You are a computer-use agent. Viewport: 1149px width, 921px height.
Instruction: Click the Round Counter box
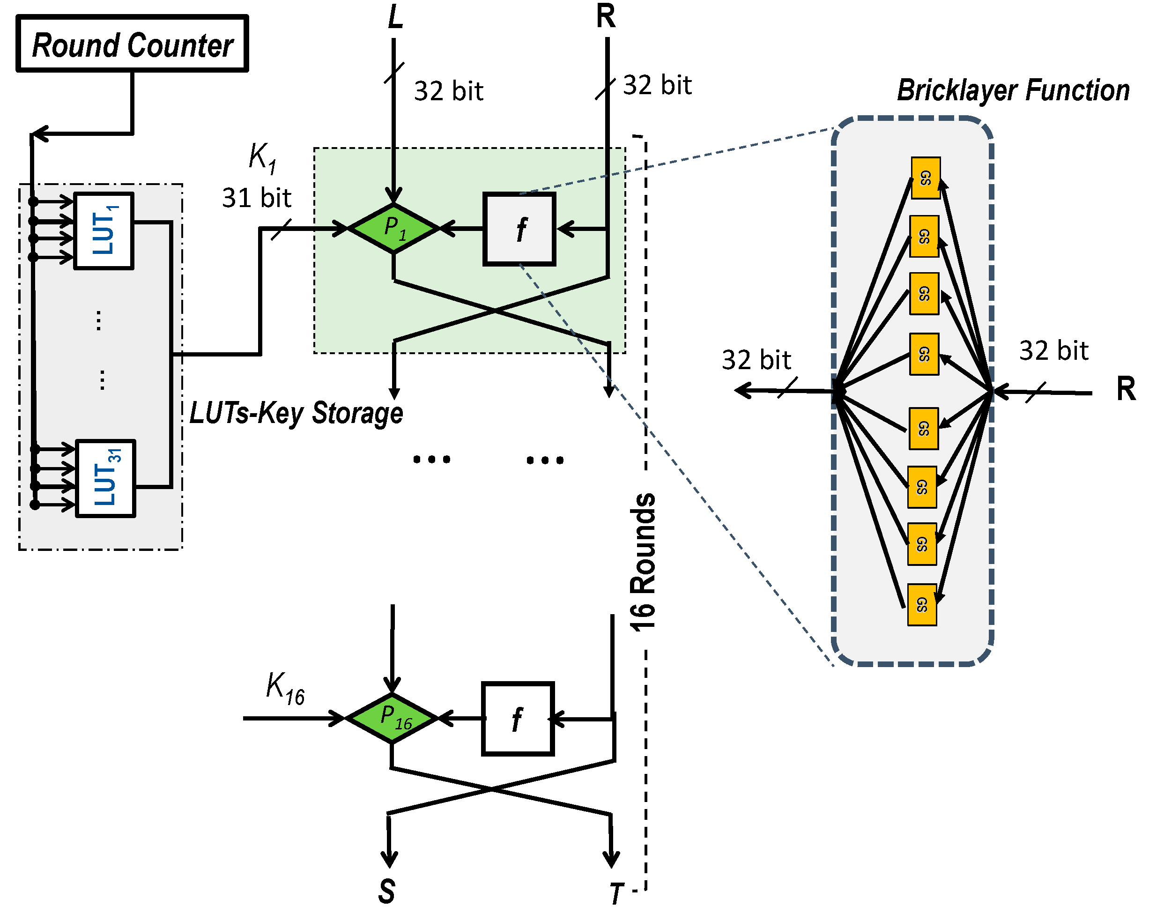pos(132,44)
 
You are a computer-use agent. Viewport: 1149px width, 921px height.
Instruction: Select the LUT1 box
pos(104,231)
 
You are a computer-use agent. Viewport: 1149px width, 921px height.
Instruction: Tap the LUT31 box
pos(105,478)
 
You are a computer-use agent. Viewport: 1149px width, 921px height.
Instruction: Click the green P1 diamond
pos(394,228)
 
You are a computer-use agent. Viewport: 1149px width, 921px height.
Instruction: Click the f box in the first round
pos(519,229)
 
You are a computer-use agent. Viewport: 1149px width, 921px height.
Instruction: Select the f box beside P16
pos(518,719)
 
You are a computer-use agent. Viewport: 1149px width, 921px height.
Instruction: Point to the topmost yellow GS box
pos(925,178)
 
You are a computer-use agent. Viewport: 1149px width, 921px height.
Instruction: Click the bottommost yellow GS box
pos(922,604)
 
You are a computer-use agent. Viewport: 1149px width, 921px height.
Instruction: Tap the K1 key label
pos(262,158)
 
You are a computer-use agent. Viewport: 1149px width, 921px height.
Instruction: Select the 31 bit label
pos(256,198)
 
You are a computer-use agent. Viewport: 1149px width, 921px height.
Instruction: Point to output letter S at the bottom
pos(387,891)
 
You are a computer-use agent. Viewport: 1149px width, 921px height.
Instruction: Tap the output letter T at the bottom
pos(616,893)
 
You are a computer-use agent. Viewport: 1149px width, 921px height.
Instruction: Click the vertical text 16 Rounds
pos(643,562)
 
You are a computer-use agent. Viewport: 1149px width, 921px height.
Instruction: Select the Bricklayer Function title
pos(1013,90)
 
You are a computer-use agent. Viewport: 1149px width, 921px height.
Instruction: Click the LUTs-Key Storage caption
pos(297,413)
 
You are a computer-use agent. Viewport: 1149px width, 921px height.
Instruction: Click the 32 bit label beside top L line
pos(448,91)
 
